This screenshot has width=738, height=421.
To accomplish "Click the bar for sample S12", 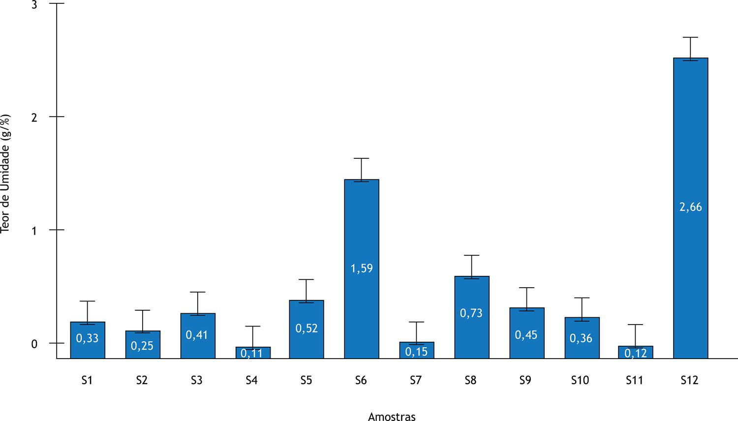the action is (691, 208).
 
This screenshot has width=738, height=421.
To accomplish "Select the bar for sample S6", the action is (362, 269).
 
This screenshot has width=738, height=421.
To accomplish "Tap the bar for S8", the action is (472, 317).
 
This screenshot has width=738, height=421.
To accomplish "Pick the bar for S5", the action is (307, 330).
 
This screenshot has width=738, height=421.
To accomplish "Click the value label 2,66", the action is (691, 207).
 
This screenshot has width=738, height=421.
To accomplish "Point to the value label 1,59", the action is (362, 269).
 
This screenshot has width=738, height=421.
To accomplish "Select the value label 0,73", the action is (471, 313).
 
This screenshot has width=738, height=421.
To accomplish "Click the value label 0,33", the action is (87, 338).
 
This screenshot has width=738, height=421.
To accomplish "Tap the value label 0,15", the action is (416, 352).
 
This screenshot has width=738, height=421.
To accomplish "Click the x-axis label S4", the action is (251, 380).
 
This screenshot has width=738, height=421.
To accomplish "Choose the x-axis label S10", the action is (580, 380).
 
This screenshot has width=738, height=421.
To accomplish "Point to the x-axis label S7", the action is (416, 380).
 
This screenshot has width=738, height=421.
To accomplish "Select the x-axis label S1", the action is (87, 380).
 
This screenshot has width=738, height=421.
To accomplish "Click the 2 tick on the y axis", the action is (34, 117).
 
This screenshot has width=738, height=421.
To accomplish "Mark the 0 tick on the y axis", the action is (34, 344).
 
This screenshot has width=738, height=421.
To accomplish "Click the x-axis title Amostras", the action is (392, 417).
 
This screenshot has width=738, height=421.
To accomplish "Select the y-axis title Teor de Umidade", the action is (5, 174).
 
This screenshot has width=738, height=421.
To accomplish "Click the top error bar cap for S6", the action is (362, 158).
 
